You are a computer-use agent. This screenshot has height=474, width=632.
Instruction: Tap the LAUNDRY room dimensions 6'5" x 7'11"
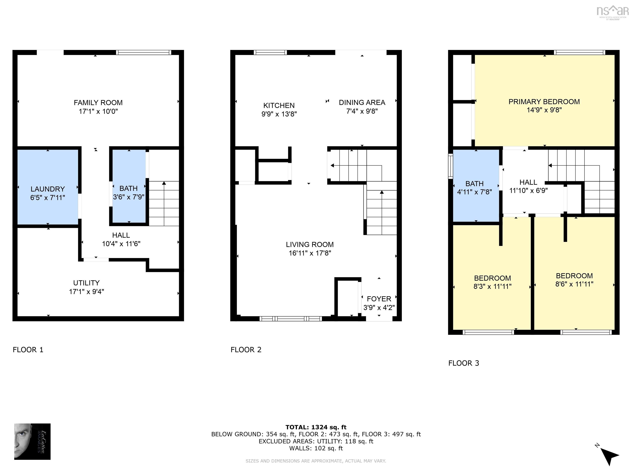click(x=48, y=198)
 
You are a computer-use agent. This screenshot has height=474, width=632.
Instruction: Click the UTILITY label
click(x=86, y=283)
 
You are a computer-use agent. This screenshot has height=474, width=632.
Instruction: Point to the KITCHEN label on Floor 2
click(x=279, y=105)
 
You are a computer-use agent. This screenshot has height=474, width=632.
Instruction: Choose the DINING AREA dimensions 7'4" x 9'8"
click(x=362, y=111)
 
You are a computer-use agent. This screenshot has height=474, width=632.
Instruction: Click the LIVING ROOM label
click(x=310, y=245)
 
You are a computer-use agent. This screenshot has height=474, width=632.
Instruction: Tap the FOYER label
click(x=379, y=299)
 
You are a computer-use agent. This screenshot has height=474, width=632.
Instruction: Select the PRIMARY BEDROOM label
click(x=544, y=102)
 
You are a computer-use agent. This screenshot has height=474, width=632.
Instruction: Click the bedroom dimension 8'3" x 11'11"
click(x=492, y=286)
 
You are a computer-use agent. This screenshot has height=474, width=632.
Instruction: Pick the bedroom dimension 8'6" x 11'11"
click(x=574, y=284)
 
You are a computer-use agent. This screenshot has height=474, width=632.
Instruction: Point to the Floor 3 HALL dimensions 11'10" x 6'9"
click(x=528, y=191)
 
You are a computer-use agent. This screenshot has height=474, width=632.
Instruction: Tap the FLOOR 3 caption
click(x=464, y=363)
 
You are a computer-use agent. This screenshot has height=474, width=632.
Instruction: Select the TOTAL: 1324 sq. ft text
click(x=316, y=427)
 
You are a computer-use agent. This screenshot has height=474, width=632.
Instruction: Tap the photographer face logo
click(x=32, y=441)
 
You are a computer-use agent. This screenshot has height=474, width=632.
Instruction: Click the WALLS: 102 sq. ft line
click(x=316, y=448)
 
